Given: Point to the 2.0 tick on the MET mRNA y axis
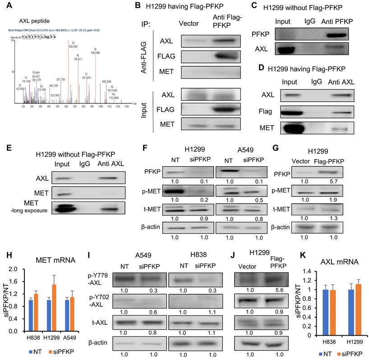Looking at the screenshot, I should (16, 269).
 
